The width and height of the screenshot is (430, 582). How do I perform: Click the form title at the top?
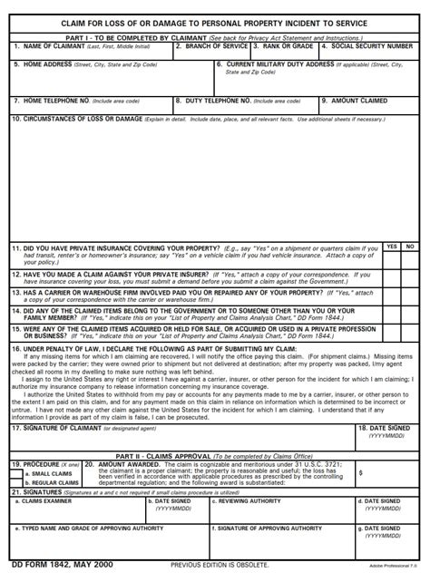coord(215,23)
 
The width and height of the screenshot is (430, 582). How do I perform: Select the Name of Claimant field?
coord(91,53)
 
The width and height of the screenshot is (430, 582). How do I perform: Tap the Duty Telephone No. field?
coord(244,108)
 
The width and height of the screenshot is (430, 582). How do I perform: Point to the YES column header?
coord(391,247)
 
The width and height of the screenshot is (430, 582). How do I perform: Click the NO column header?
coord(410,247)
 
